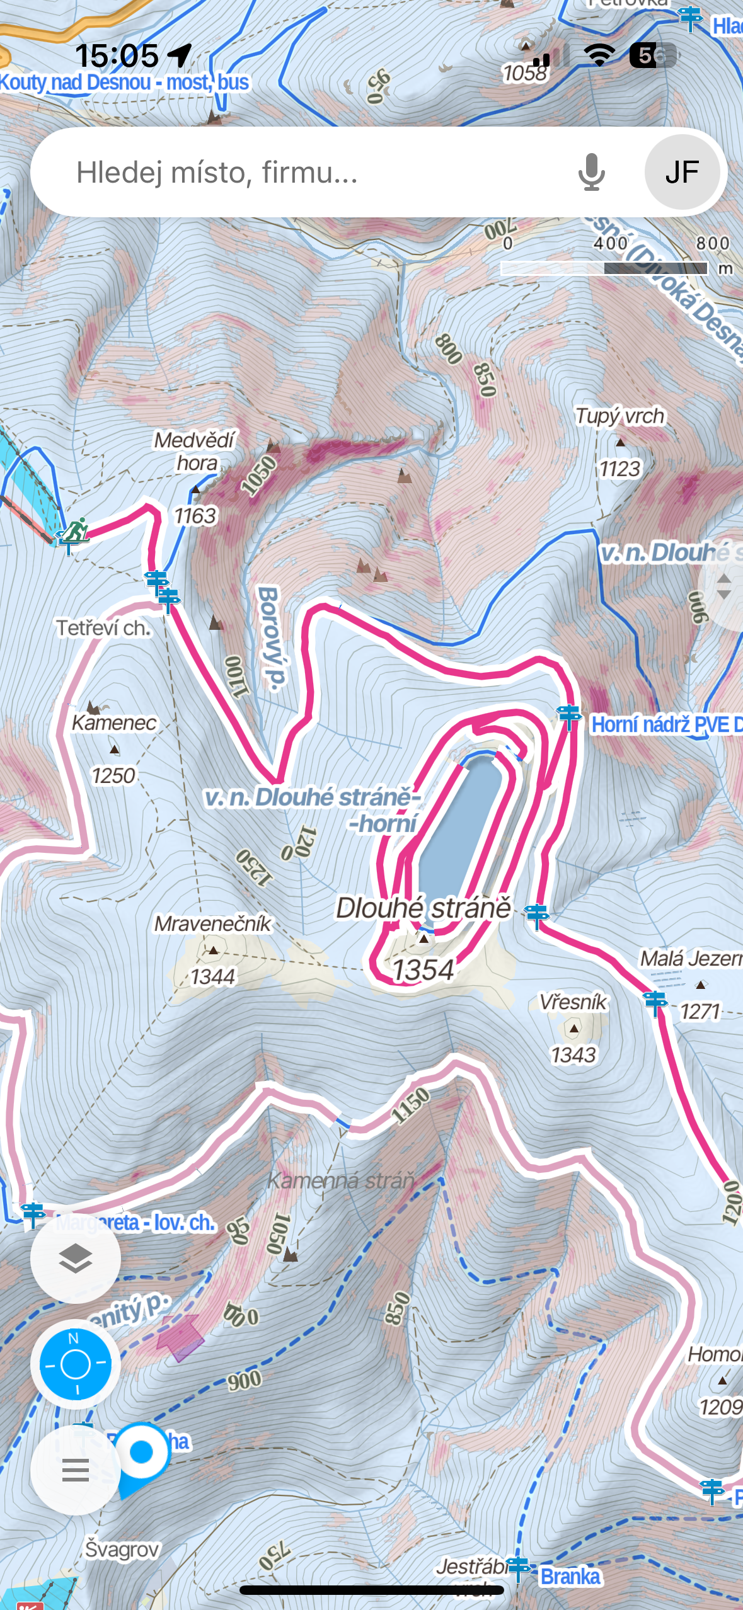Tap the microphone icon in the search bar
tap(591, 172)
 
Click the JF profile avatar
tap(682, 172)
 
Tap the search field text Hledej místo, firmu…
tap(217, 172)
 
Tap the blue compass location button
tap(76, 1364)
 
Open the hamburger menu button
tap(76, 1470)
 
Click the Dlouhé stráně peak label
tap(423, 908)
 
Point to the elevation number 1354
tap(423, 970)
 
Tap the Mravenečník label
tap(213, 924)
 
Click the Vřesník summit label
tap(573, 1002)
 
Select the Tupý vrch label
tap(619, 416)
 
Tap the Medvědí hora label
tap(195, 451)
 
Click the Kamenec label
tap(114, 723)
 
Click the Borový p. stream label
tap(270, 636)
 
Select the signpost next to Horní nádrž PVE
tap(569, 716)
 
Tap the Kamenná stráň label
tap(341, 1180)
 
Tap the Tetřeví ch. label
tap(103, 628)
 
